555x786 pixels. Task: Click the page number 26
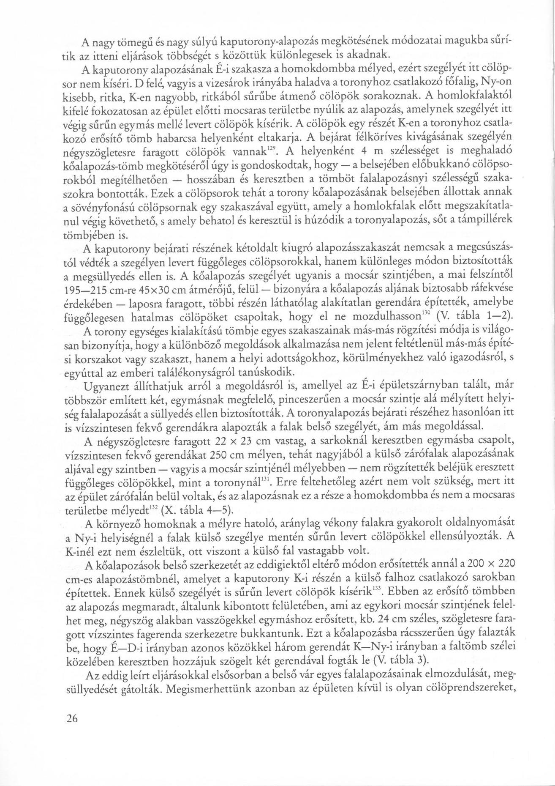click(x=72, y=719)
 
